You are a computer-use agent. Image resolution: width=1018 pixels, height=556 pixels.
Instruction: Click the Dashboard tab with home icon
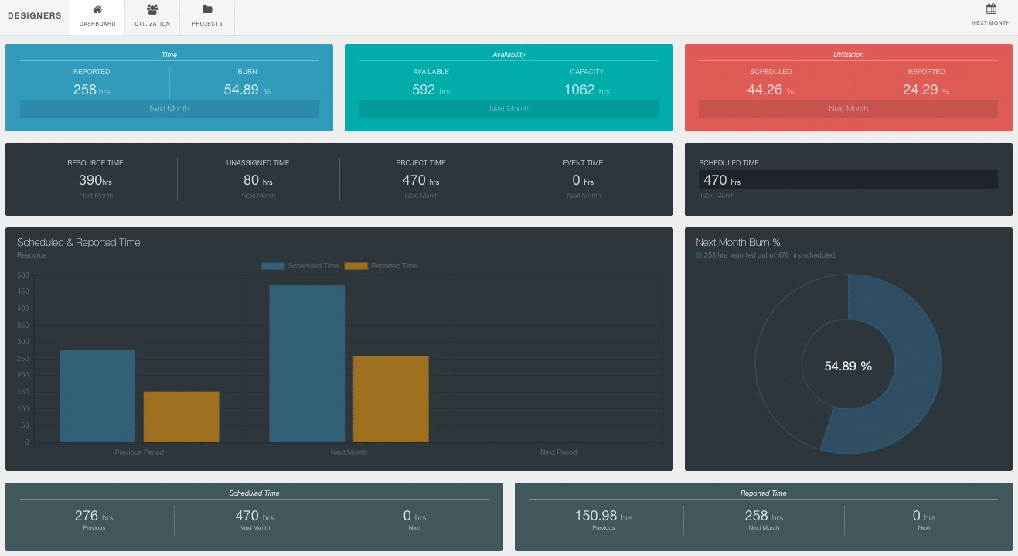[x=97, y=16]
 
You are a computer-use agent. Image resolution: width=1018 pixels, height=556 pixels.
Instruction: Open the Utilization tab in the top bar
[x=152, y=16]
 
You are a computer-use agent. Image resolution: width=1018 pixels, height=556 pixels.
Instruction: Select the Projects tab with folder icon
[x=207, y=16]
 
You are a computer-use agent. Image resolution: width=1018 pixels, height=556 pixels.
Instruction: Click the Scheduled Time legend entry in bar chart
[x=300, y=266]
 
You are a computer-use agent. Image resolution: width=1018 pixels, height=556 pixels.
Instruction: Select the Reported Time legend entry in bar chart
[x=380, y=266]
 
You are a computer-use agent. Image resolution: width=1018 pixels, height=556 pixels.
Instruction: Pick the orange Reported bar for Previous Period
[x=181, y=417]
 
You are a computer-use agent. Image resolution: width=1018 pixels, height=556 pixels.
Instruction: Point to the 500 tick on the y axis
[x=22, y=275]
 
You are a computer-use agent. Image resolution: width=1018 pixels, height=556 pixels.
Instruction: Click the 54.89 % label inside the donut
[x=848, y=366]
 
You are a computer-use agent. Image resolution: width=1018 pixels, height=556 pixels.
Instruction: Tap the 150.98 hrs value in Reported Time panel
[x=603, y=517]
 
